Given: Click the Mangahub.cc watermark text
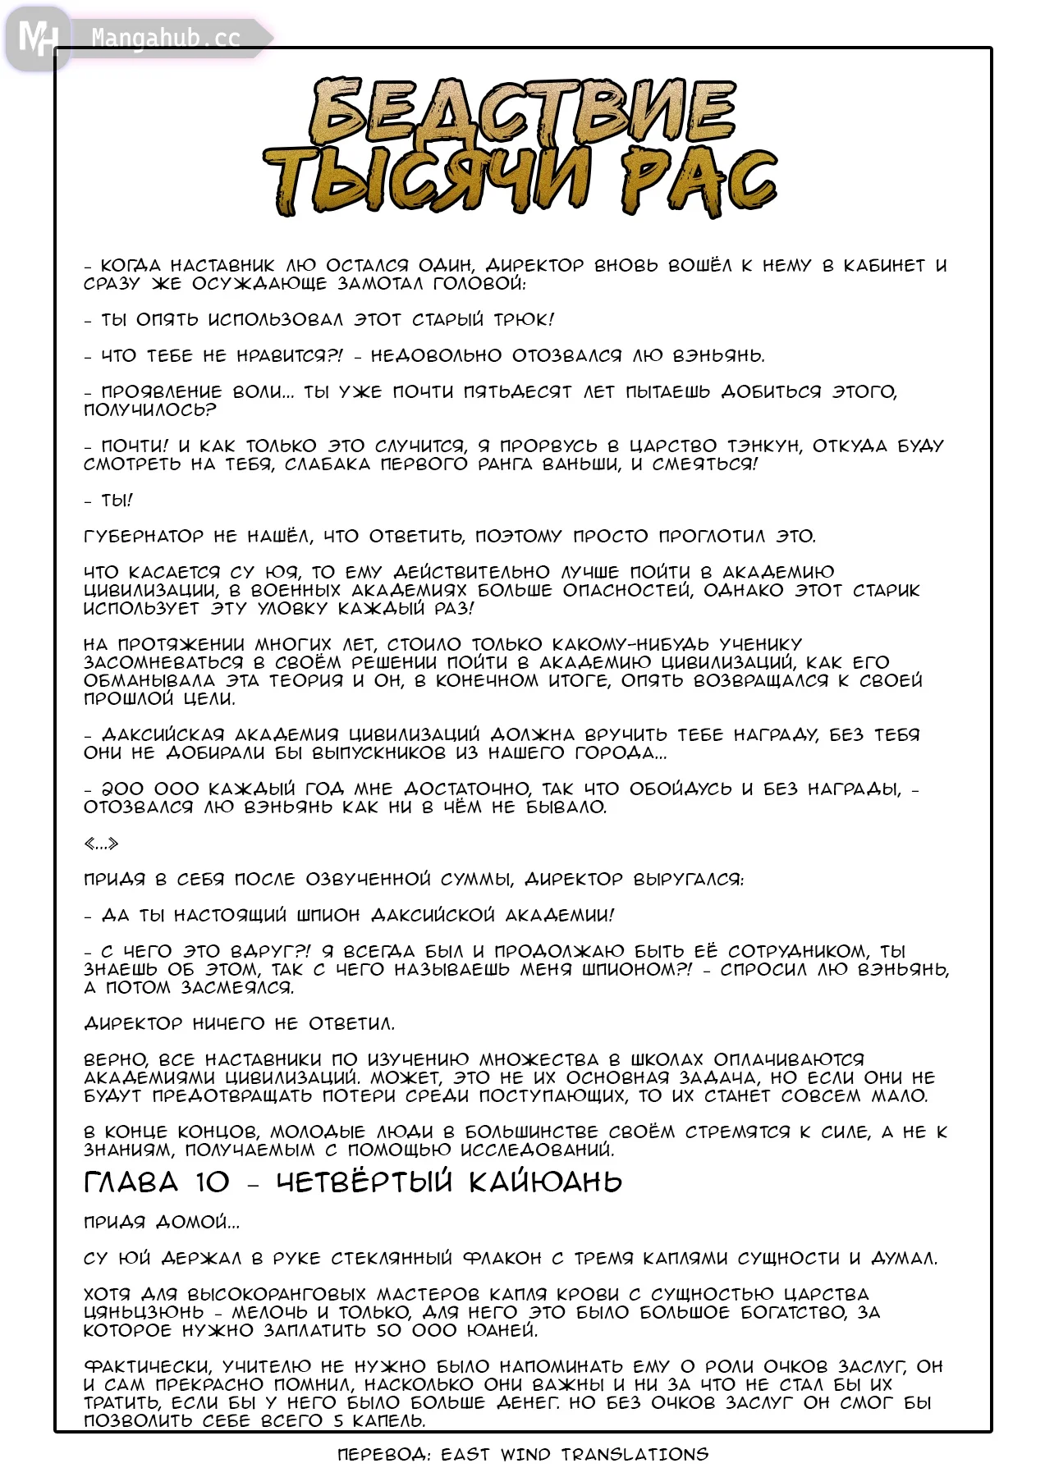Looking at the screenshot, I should coord(166,38).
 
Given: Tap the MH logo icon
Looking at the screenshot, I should coord(37,38).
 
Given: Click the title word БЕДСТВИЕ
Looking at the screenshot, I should coord(522,112).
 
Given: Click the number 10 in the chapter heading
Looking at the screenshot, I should coord(213,1182).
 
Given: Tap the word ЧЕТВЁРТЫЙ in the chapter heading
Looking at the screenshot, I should coord(364,1182).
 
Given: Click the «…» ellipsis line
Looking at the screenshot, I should coord(101,844).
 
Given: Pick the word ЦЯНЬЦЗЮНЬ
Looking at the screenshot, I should coord(142,1313).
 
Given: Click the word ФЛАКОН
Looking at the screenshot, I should coord(502,1259).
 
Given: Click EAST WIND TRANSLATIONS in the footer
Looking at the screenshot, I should coord(574,1455).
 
